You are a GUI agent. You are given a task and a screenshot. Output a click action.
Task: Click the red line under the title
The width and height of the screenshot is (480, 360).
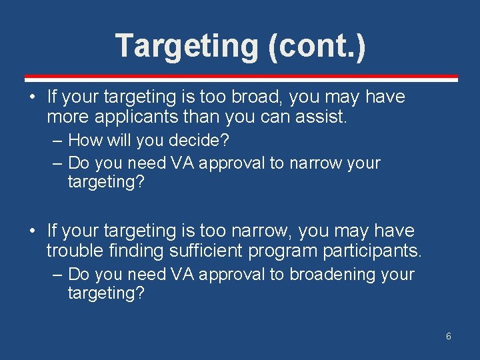pyautogui.click(x=241, y=77)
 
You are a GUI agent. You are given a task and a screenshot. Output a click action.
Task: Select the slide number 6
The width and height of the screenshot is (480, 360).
pyautogui.click(x=449, y=336)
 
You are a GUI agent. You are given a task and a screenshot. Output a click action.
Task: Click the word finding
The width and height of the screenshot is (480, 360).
pyautogui.click(x=129, y=251)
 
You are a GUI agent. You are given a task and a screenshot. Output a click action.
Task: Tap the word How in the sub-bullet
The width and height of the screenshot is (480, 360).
pyautogui.click(x=84, y=141)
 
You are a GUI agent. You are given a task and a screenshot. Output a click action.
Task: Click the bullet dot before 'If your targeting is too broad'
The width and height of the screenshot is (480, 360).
pyautogui.click(x=32, y=98)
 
